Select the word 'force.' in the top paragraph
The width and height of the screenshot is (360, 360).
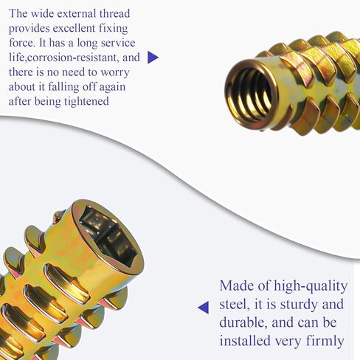click(22, 42)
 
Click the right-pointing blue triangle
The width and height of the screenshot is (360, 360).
click(153, 58)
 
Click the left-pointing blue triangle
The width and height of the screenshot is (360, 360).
click(203, 308)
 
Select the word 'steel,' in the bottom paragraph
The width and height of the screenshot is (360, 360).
click(237, 305)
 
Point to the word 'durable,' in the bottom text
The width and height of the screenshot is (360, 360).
click(247, 324)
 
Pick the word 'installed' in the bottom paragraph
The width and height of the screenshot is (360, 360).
click(248, 342)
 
